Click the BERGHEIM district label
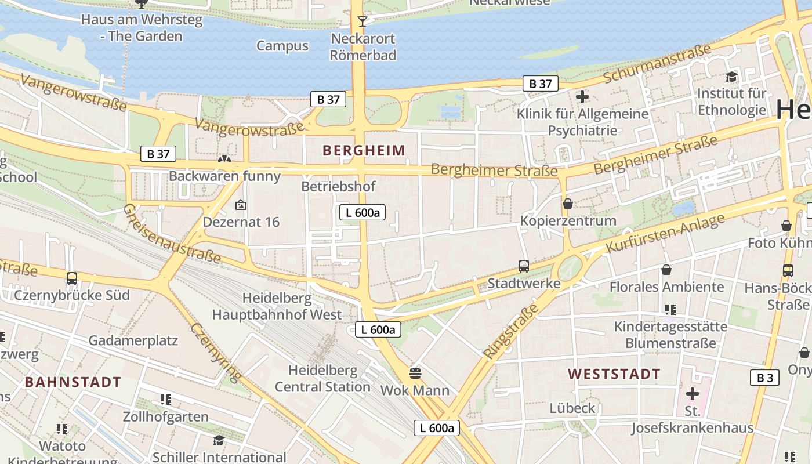coord(364,151)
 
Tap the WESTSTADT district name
coord(614,374)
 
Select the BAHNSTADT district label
coord(73,382)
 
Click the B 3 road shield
coord(764,378)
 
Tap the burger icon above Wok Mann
coord(415,372)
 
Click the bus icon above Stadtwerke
coord(524,266)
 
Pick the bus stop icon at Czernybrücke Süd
coord(72,278)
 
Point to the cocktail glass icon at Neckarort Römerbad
coord(362,21)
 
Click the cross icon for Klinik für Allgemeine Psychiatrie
coord(582,96)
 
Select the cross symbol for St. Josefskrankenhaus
coord(692,394)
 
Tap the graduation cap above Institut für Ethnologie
coord(731,77)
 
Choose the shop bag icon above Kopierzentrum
coord(568,204)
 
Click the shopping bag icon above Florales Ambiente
coord(666,270)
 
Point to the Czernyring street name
coord(215,352)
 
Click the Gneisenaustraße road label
coord(172,234)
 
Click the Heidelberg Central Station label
coord(322,378)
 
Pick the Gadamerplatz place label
coord(133,340)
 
